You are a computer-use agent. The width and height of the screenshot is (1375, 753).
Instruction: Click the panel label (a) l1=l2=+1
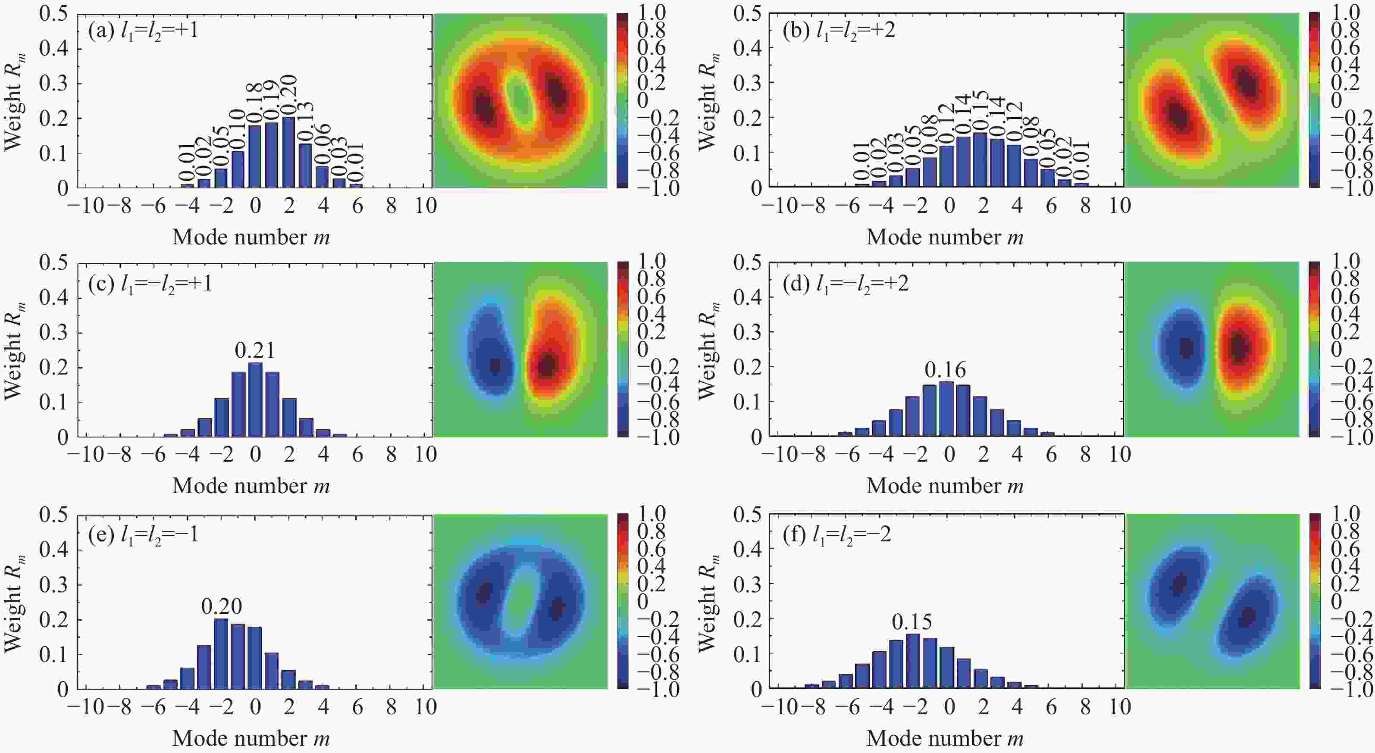(x=143, y=31)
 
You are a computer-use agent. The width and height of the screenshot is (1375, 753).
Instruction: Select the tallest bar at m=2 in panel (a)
(x=289, y=152)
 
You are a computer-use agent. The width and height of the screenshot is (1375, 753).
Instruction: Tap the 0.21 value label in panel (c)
(x=255, y=350)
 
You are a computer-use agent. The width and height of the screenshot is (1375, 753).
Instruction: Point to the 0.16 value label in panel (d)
(x=945, y=369)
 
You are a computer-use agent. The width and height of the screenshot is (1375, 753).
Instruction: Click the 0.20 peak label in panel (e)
(x=221, y=606)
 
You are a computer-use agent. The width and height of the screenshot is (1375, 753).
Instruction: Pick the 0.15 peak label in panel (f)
(x=911, y=622)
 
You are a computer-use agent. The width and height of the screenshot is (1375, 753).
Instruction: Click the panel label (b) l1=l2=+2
(x=839, y=31)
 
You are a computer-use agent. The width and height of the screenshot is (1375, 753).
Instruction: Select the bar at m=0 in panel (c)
(x=255, y=400)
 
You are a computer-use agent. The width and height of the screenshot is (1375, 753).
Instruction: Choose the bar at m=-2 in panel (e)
(x=221, y=654)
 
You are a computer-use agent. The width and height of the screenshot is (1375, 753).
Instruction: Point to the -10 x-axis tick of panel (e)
(x=85, y=707)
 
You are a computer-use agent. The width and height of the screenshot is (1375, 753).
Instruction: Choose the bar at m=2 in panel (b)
(x=980, y=160)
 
